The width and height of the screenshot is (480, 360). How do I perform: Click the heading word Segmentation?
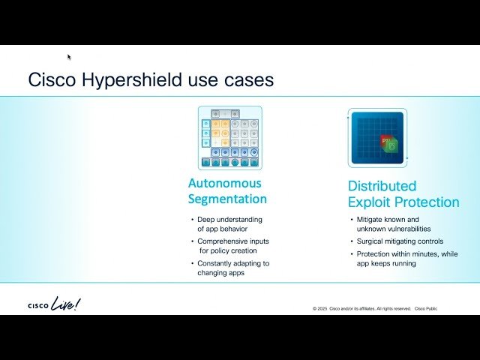[227, 199]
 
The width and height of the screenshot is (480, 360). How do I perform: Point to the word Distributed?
[382, 186]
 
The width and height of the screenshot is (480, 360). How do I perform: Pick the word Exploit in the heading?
[369, 202]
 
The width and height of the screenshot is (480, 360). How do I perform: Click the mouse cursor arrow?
[69, 56]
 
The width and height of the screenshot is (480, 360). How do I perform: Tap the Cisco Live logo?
[53, 304]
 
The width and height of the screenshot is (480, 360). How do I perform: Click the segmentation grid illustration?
[230, 136]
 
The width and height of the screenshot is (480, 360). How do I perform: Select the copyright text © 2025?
[321, 309]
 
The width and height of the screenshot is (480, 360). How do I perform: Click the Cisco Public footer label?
[426, 309]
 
